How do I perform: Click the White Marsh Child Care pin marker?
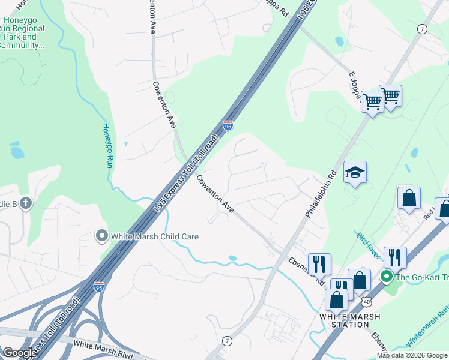tap(101, 236)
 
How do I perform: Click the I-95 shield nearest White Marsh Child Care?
tap(99, 287)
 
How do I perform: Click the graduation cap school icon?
tap(355, 173)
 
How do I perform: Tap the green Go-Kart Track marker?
tap(387, 277)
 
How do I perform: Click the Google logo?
tap(20, 353)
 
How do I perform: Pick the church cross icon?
tap(25, 204)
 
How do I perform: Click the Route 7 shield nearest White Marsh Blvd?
tap(227, 341)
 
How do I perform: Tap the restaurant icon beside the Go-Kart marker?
tap(395, 257)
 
